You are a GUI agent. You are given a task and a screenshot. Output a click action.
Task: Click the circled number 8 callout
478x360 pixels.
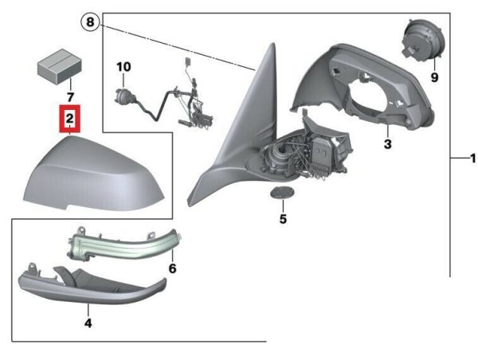[x=90, y=22]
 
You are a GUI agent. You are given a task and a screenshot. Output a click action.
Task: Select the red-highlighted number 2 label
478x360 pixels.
[x=70, y=119]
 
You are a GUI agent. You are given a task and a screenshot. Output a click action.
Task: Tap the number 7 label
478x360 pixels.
[x=70, y=97]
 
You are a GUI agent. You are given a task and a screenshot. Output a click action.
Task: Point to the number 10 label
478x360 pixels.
[x=123, y=67]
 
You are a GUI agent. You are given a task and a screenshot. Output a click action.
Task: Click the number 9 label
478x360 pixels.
[x=434, y=77]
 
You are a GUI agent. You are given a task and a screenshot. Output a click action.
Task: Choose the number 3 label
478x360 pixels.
[x=387, y=144]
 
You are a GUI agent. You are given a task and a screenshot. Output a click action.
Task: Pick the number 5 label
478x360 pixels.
[x=283, y=219]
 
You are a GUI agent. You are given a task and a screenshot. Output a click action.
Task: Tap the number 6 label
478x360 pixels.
[x=172, y=268]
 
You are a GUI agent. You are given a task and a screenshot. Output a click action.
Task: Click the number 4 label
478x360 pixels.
[x=88, y=323]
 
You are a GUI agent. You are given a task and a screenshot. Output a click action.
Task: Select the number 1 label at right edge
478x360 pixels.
[x=472, y=158]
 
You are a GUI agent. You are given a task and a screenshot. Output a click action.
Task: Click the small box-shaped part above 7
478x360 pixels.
[x=60, y=65]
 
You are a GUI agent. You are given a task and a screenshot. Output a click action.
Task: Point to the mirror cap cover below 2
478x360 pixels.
[x=95, y=175]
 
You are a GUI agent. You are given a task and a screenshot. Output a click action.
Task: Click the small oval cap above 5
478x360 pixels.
[x=283, y=193]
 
